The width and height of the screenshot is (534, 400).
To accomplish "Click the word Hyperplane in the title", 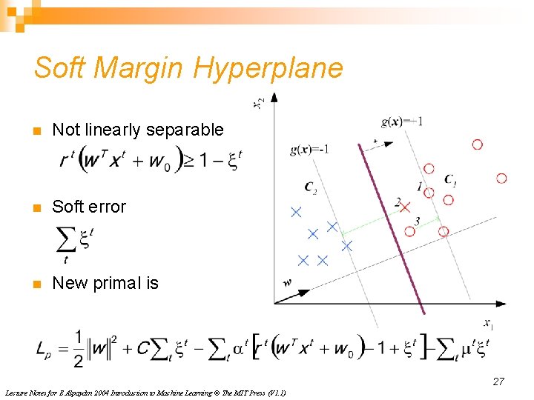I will point(268,68).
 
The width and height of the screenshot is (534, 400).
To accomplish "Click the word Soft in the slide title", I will point(60,68).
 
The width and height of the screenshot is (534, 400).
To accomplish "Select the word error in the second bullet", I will point(108,207).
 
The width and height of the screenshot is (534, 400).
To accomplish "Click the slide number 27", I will point(498,381).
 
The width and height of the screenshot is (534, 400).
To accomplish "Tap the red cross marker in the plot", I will point(405,208).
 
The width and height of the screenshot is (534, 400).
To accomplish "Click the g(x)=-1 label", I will point(309,150).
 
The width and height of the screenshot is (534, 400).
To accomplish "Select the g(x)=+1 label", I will point(401,121).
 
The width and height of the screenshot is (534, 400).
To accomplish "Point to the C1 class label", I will point(450,179).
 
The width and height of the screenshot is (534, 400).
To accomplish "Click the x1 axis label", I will point(488,323).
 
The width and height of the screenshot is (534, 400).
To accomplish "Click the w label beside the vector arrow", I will point(287,282).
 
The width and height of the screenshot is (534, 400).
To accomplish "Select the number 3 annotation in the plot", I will point(418,221).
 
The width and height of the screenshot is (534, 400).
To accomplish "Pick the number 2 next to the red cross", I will point(398,201).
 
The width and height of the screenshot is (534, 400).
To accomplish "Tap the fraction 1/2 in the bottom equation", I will point(78,347).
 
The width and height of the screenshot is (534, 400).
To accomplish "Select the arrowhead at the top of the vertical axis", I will point(274,97).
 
